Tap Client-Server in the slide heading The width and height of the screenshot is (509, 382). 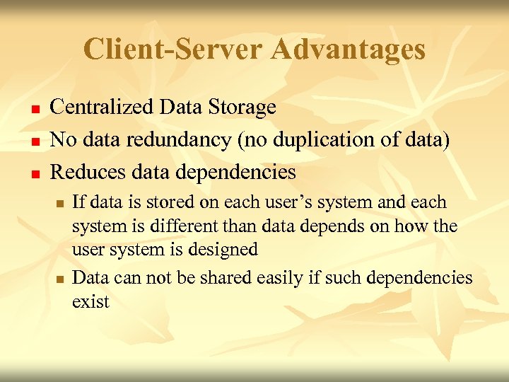pos(172,50)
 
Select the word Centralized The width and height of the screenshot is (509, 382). pos(103,108)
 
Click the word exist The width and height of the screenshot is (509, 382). pos(90,302)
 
